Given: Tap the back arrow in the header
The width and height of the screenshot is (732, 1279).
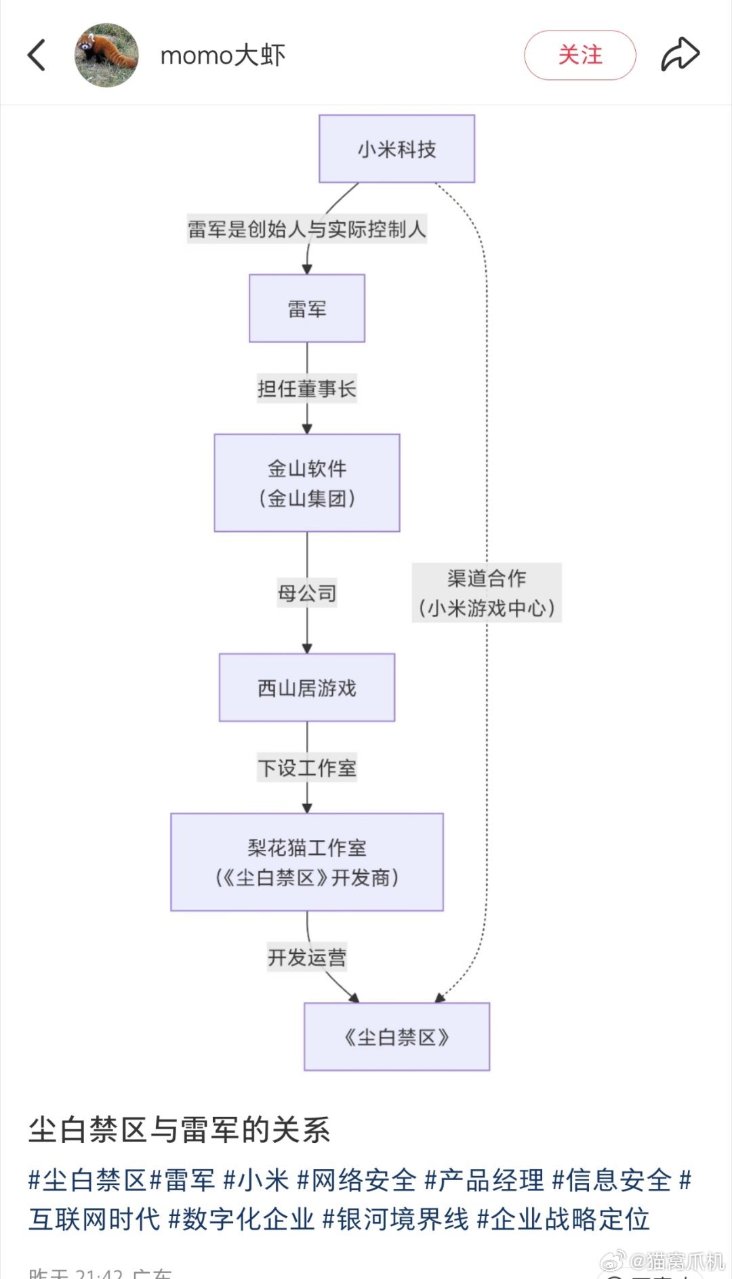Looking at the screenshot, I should (x=37, y=55).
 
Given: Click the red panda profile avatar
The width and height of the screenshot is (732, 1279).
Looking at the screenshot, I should (x=106, y=55).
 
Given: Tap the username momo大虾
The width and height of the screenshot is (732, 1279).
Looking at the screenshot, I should (x=222, y=56).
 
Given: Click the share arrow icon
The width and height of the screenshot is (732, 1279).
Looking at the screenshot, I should (x=680, y=55).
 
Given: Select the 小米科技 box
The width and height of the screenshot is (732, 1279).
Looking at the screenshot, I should (x=396, y=148).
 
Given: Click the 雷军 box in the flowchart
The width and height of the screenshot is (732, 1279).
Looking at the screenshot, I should (x=306, y=308).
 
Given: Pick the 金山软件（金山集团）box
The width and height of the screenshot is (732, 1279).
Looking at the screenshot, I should (x=306, y=483).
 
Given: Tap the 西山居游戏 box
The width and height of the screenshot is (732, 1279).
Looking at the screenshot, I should (x=306, y=688).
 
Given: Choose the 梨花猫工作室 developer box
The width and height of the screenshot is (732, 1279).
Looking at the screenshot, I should (x=306, y=862).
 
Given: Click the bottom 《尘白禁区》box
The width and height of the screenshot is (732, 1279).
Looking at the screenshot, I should (x=396, y=1036).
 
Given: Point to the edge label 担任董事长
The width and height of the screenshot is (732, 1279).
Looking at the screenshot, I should (x=306, y=389).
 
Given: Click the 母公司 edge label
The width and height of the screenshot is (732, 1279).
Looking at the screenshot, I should (x=306, y=593).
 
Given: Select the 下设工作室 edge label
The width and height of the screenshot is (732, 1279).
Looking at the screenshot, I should (x=306, y=768).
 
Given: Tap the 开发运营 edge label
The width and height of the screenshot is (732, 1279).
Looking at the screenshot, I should (x=306, y=957).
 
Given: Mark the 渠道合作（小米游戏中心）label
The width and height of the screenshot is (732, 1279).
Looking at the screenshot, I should (x=487, y=593).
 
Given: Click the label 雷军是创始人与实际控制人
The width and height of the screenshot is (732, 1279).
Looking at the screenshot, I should (x=306, y=229).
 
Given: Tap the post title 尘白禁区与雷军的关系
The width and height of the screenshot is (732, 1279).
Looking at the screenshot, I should (x=179, y=1130).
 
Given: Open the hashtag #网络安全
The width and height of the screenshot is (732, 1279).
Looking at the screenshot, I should (x=357, y=1180).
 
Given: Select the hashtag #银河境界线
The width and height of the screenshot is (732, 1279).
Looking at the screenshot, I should (x=395, y=1219).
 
